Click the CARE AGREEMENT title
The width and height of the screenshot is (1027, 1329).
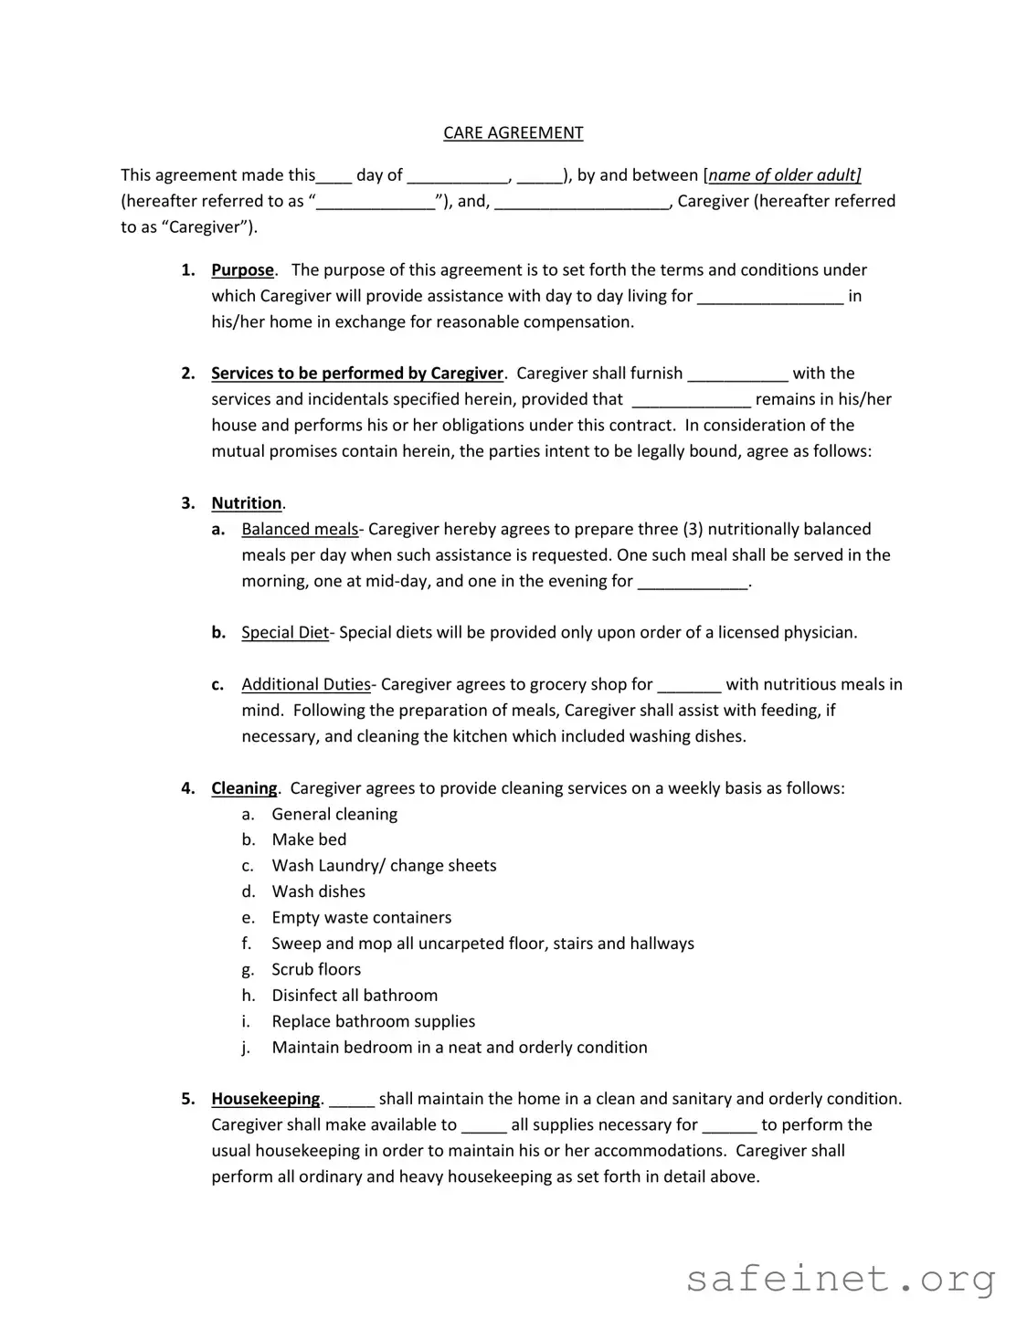[513, 132]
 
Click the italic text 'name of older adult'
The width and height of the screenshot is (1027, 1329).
[784, 174]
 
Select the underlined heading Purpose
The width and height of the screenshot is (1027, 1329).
[242, 269]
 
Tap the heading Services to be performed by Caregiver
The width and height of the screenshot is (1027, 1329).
[357, 373]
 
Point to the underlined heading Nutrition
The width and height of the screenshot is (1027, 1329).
[247, 502]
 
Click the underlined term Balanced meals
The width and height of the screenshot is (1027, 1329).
[300, 529]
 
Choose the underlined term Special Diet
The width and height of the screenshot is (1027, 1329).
[285, 632]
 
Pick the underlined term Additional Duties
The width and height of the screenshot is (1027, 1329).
[306, 684]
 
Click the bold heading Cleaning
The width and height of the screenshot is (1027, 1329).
[244, 787]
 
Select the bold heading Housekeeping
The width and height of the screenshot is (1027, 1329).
[266, 1098]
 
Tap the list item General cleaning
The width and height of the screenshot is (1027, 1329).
[334, 814]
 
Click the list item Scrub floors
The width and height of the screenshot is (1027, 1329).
[316, 969]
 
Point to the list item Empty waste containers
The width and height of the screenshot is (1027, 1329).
[362, 917]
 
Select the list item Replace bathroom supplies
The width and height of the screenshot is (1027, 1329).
[374, 1021]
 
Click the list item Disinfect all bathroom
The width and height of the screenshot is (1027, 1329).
[355, 995]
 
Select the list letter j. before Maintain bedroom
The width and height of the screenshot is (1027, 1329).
[246, 1048]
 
